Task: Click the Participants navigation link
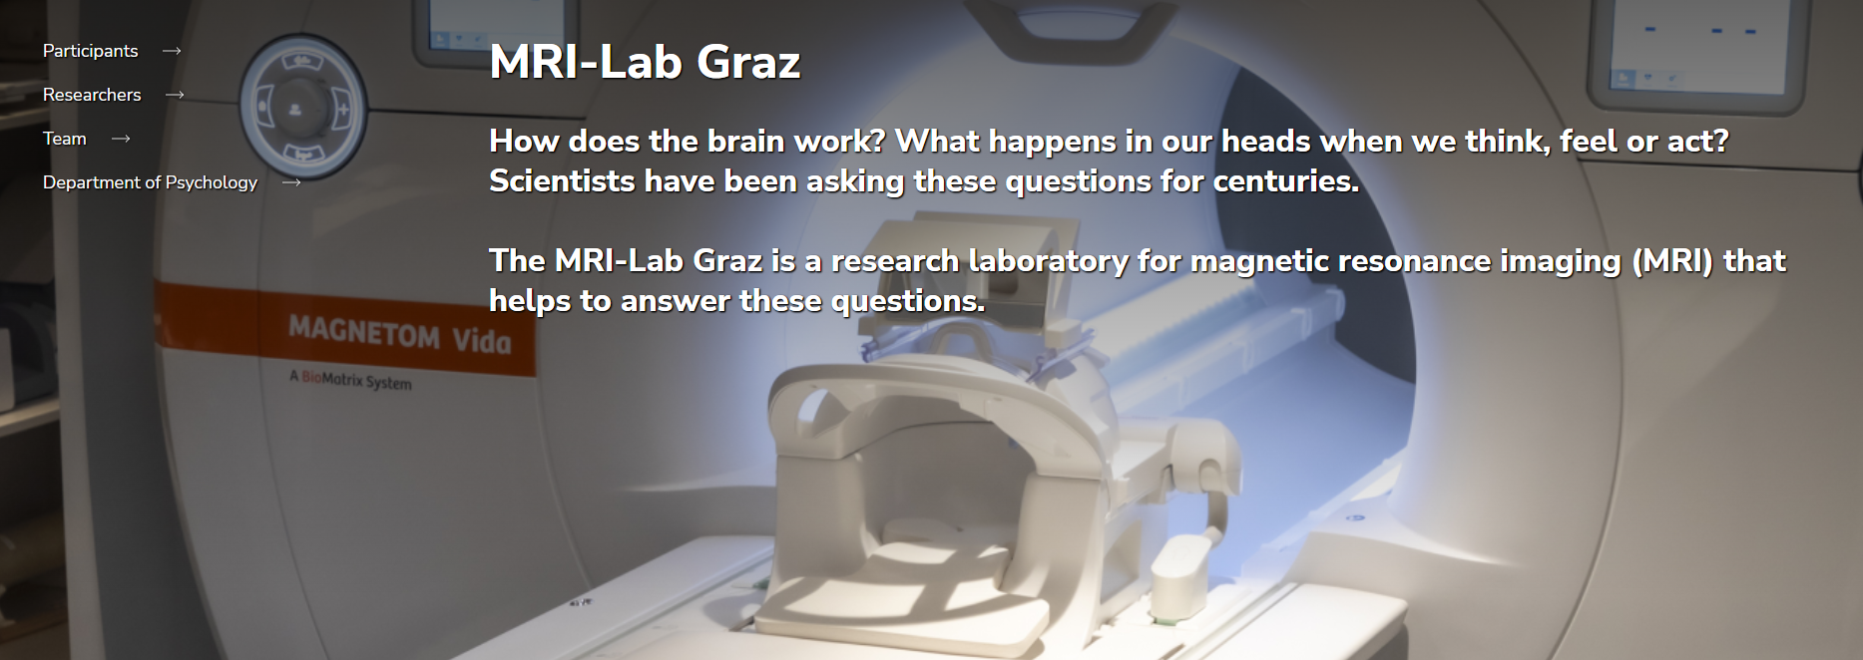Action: (x=90, y=51)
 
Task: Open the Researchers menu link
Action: (x=92, y=95)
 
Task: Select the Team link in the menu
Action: (x=65, y=139)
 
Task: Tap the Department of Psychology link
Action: (x=150, y=182)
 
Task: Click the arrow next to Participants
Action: (x=172, y=51)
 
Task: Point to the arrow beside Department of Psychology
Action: (x=291, y=182)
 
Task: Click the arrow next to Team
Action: (x=121, y=139)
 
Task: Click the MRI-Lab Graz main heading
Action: (x=645, y=62)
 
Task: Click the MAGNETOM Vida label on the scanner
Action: (x=399, y=335)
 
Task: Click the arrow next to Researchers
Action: (x=175, y=95)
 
